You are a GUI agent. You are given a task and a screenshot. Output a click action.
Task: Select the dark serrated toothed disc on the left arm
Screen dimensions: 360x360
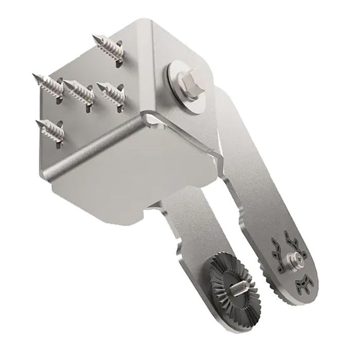[x=235, y=285]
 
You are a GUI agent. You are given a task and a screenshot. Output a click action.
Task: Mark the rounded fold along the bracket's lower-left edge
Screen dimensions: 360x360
[x=93, y=149]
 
